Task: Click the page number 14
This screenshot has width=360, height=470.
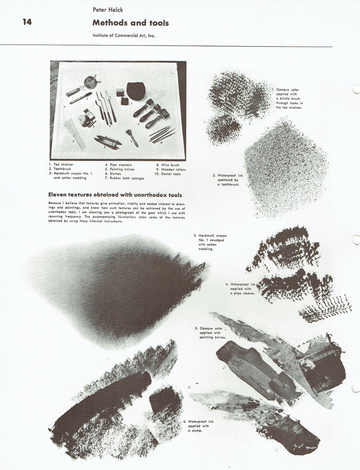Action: tap(27, 22)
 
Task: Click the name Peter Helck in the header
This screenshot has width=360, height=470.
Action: tap(107, 9)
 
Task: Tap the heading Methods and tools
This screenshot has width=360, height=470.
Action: tap(131, 23)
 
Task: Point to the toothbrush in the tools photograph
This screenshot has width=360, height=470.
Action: tap(80, 99)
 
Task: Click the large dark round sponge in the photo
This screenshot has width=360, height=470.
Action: tap(135, 90)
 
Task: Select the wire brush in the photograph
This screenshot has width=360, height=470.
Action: tap(131, 137)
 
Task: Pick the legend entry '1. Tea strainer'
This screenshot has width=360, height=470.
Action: tap(61, 165)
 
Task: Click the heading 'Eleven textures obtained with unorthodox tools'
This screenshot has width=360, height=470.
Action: tap(115, 195)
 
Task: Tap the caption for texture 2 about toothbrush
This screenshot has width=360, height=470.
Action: tap(227, 180)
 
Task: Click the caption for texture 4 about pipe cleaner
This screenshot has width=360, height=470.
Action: tap(243, 288)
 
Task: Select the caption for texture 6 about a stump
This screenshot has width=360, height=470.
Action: tap(200, 426)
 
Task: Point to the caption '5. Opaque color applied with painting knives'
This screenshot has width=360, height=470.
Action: tap(213, 333)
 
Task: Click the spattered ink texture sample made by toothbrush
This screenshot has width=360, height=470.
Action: tap(285, 168)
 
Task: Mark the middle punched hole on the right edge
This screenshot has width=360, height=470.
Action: tap(356, 240)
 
